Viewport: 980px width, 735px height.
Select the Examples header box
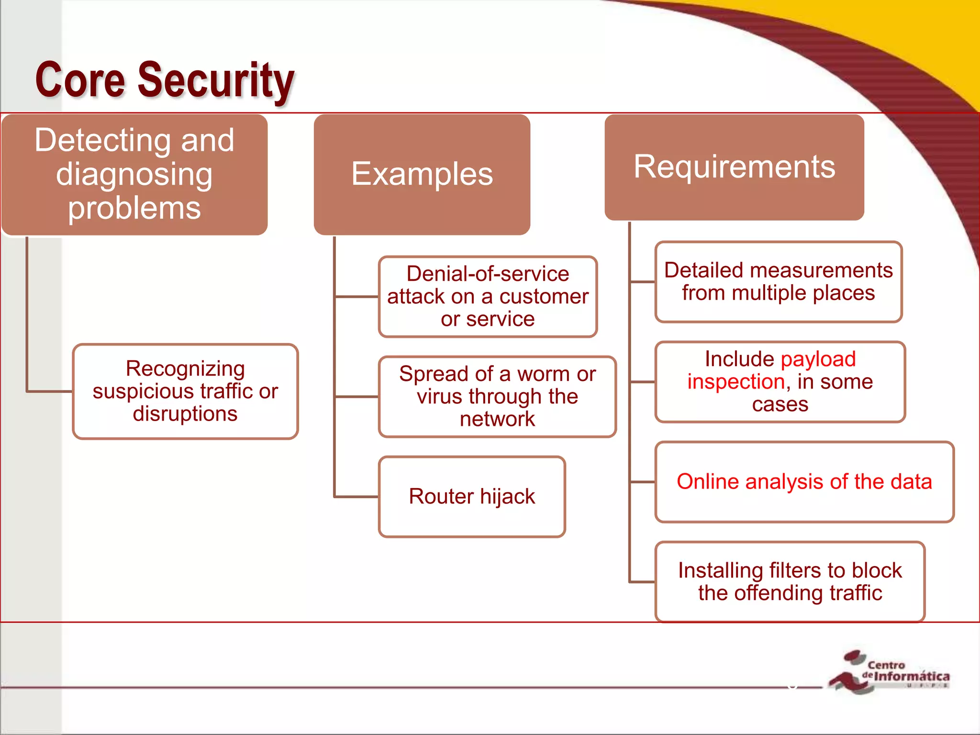point(422,174)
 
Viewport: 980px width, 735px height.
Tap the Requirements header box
point(734,167)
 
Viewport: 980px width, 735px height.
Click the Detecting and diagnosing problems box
point(134,174)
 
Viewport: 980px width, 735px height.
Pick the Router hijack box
point(472,496)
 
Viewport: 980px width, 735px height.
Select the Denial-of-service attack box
point(488,296)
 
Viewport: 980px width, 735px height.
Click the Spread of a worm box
point(497,396)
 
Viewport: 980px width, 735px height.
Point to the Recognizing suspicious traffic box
point(185,391)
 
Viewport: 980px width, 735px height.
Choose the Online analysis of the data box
point(804,481)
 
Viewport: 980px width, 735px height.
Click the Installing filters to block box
point(790,581)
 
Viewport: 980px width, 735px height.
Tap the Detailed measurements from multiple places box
point(778,281)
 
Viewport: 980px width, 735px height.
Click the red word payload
point(818,359)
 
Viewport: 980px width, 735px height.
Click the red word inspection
point(736,382)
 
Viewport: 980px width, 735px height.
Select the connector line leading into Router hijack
point(356,497)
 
